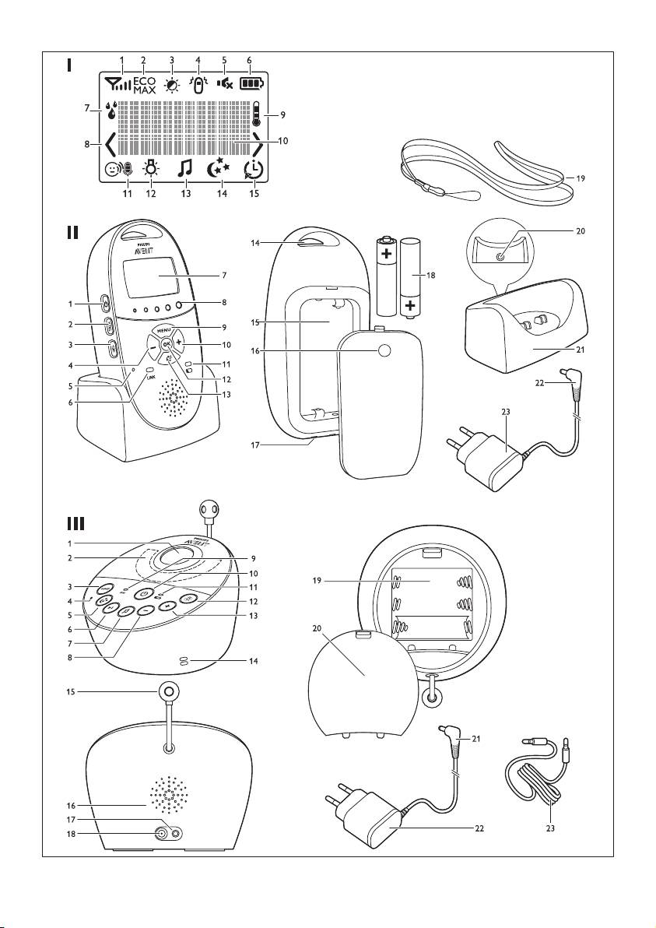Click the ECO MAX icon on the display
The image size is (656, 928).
(144, 85)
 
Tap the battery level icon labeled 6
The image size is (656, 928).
(252, 83)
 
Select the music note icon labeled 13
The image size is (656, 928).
(184, 168)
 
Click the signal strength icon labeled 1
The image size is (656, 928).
(115, 83)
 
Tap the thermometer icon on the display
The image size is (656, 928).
(256, 114)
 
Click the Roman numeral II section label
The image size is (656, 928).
(72, 233)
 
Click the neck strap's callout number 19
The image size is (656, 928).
(581, 178)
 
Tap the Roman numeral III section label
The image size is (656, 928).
(75, 523)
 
